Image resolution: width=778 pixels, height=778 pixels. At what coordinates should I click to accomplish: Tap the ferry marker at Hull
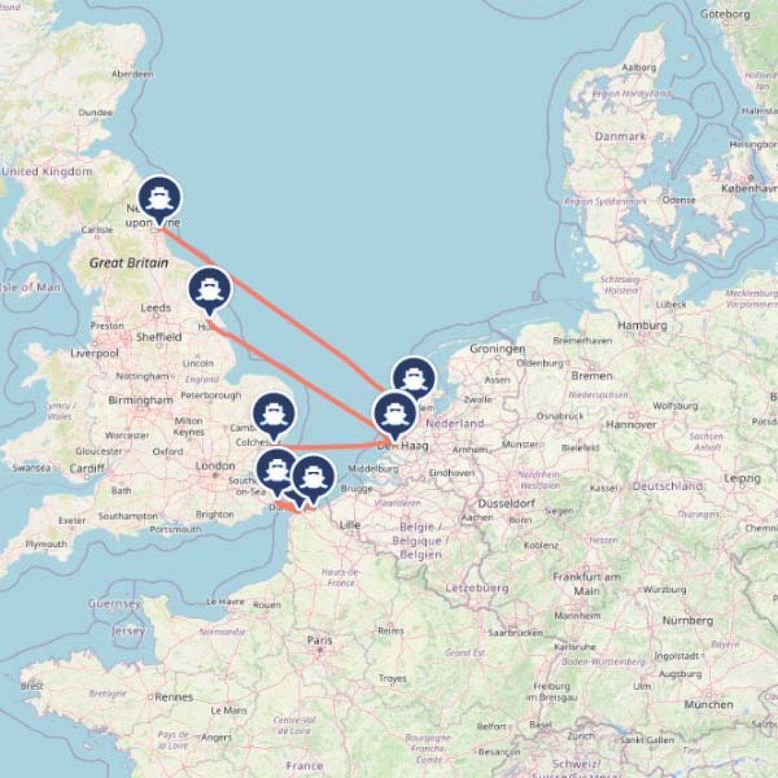click(x=210, y=289)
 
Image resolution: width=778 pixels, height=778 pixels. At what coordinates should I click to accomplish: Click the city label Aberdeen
click(x=132, y=74)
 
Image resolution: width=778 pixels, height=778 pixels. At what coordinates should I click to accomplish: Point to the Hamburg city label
click(x=642, y=325)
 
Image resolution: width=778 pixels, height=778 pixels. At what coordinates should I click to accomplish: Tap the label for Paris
click(x=320, y=640)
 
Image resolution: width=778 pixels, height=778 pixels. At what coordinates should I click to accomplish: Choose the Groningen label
click(x=498, y=349)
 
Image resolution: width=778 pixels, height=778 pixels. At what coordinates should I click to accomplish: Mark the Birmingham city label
click(x=141, y=400)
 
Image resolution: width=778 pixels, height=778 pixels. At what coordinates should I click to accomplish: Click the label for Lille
click(x=349, y=524)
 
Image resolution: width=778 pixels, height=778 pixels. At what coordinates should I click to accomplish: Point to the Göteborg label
click(x=725, y=14)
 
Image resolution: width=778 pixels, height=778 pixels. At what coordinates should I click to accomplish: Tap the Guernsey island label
click(x=115, y=604)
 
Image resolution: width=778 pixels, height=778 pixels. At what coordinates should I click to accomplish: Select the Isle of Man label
click(x=29, y=287)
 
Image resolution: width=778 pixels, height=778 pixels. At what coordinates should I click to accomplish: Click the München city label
click(x=709, y=704)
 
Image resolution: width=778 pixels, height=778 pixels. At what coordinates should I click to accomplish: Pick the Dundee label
click(x=96, y=112)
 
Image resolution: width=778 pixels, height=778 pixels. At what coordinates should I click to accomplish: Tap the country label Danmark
click(x=621, y=137)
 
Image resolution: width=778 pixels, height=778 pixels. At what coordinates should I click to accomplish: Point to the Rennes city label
click(x=174, y=697)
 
